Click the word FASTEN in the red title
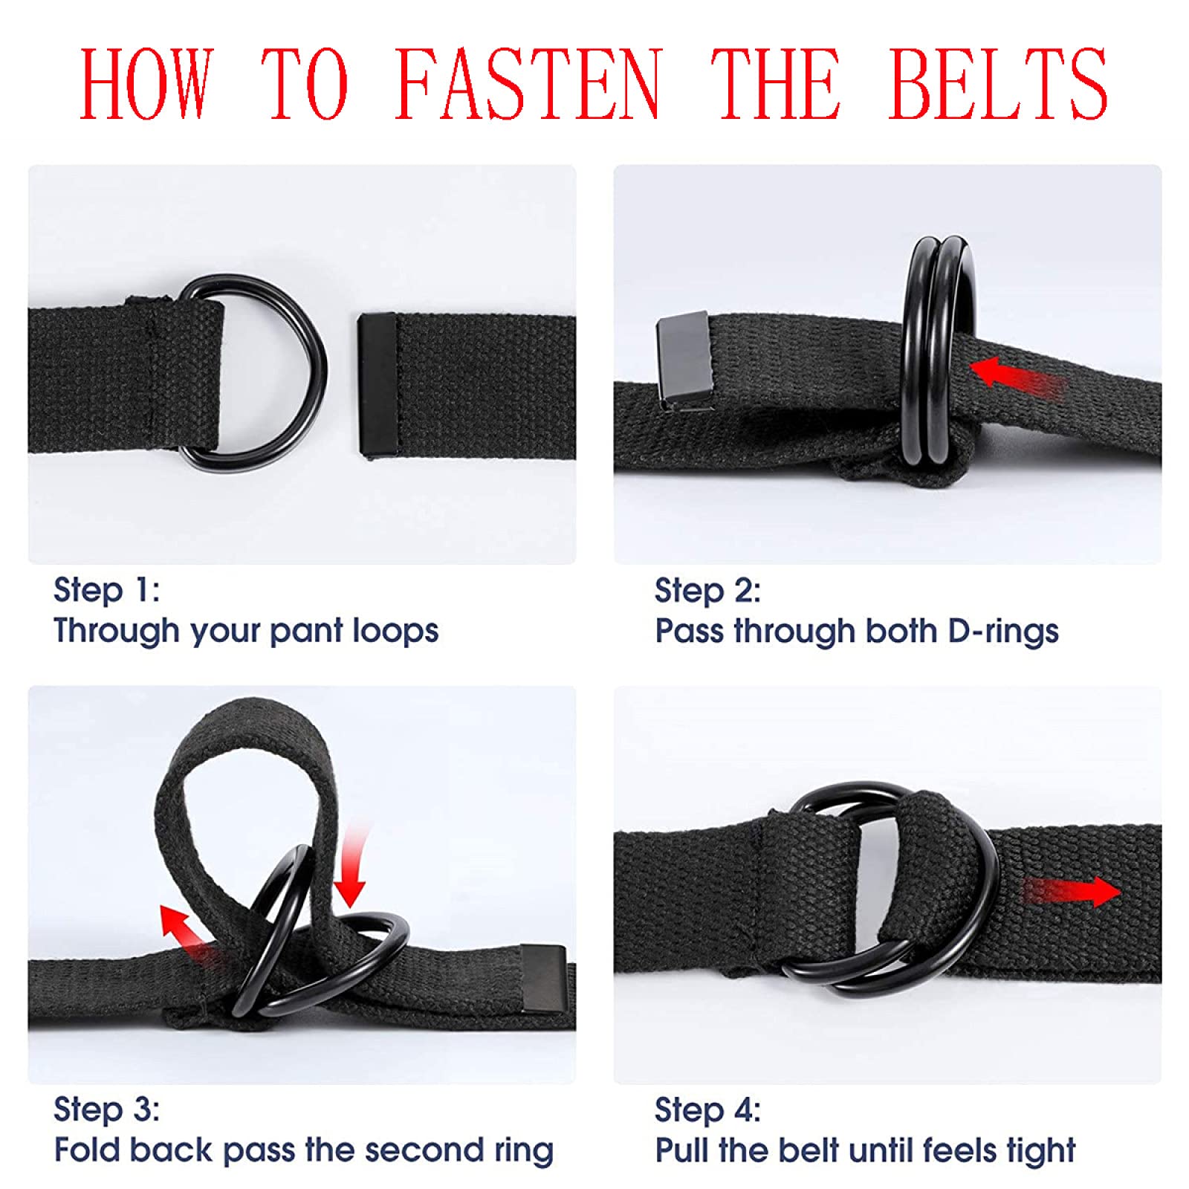[x=526, y=83]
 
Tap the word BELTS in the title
[x=997, y=83]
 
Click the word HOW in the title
[x=146, y=83]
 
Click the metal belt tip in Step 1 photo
[x=377, y=384]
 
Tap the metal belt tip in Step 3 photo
[x=543, y=977]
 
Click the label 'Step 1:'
[x=106, y=590]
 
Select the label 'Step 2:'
[x=707, y=590]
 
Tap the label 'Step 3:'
[x=106, y=1109]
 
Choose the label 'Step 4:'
[x=707, y=1109]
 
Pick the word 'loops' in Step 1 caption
[x=395, y=631]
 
